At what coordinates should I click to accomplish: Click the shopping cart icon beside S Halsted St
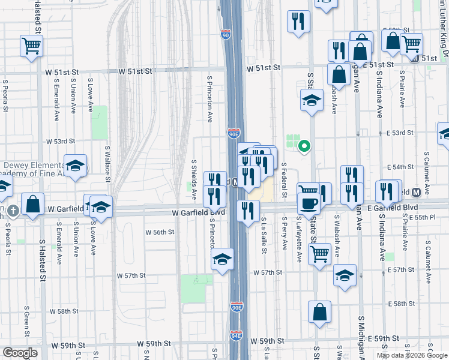(x=31, y=45)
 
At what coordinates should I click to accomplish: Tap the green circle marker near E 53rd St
(x=305, y=145)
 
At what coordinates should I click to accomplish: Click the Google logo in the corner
(x=20, y=353)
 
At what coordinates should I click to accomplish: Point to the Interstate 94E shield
(x=237, y=335)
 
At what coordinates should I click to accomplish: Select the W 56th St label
(x=160, y=232)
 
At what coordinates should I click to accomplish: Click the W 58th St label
(x=64, y=311)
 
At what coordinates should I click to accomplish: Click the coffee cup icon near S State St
(x=308, y=203)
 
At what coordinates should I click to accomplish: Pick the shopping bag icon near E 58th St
(x=319, y=311)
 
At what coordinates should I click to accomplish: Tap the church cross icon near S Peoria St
(x=13, y=210)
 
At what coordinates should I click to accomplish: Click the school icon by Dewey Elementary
(x=76, y=166)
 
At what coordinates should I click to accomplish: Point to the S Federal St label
(x=284, y=178)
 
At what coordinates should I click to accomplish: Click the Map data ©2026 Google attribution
(x=412, y=355)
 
